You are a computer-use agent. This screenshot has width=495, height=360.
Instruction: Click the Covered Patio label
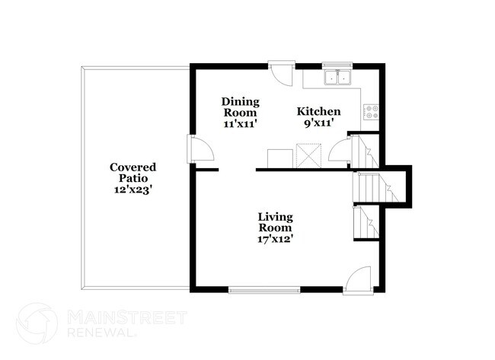click(x=133, y=173)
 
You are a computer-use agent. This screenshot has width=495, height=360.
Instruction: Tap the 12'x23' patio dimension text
click(x=133, y=191)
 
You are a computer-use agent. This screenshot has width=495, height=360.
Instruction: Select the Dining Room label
click(x=241, y=107)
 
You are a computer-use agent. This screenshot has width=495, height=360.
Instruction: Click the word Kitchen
click(x=318, y=112)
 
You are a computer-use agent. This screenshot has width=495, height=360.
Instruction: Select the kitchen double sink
click(x=336, y=77)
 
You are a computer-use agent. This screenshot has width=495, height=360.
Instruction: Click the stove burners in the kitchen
click(x=372, y=112)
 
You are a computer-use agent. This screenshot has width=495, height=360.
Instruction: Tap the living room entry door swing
click(x=357, y=279)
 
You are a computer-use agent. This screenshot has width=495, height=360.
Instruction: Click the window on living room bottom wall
click(x=264, y=288)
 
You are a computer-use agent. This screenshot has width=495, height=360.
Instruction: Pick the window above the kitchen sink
click(x=336, y=65)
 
